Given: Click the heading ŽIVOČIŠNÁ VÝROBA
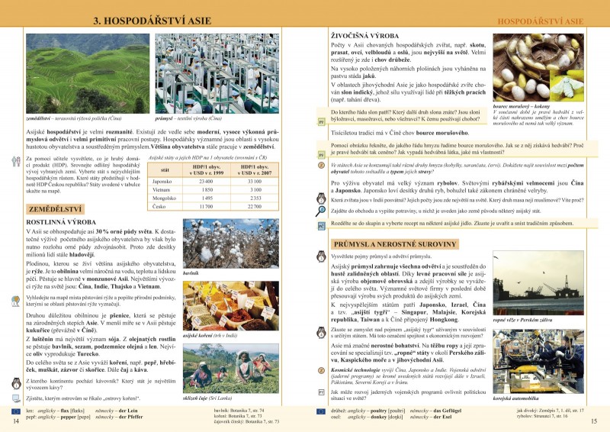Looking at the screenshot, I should [363, 36].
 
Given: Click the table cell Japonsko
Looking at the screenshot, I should [162, 181].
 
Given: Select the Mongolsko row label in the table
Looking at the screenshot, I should [165, 198].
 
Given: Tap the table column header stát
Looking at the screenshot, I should [165, 169].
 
